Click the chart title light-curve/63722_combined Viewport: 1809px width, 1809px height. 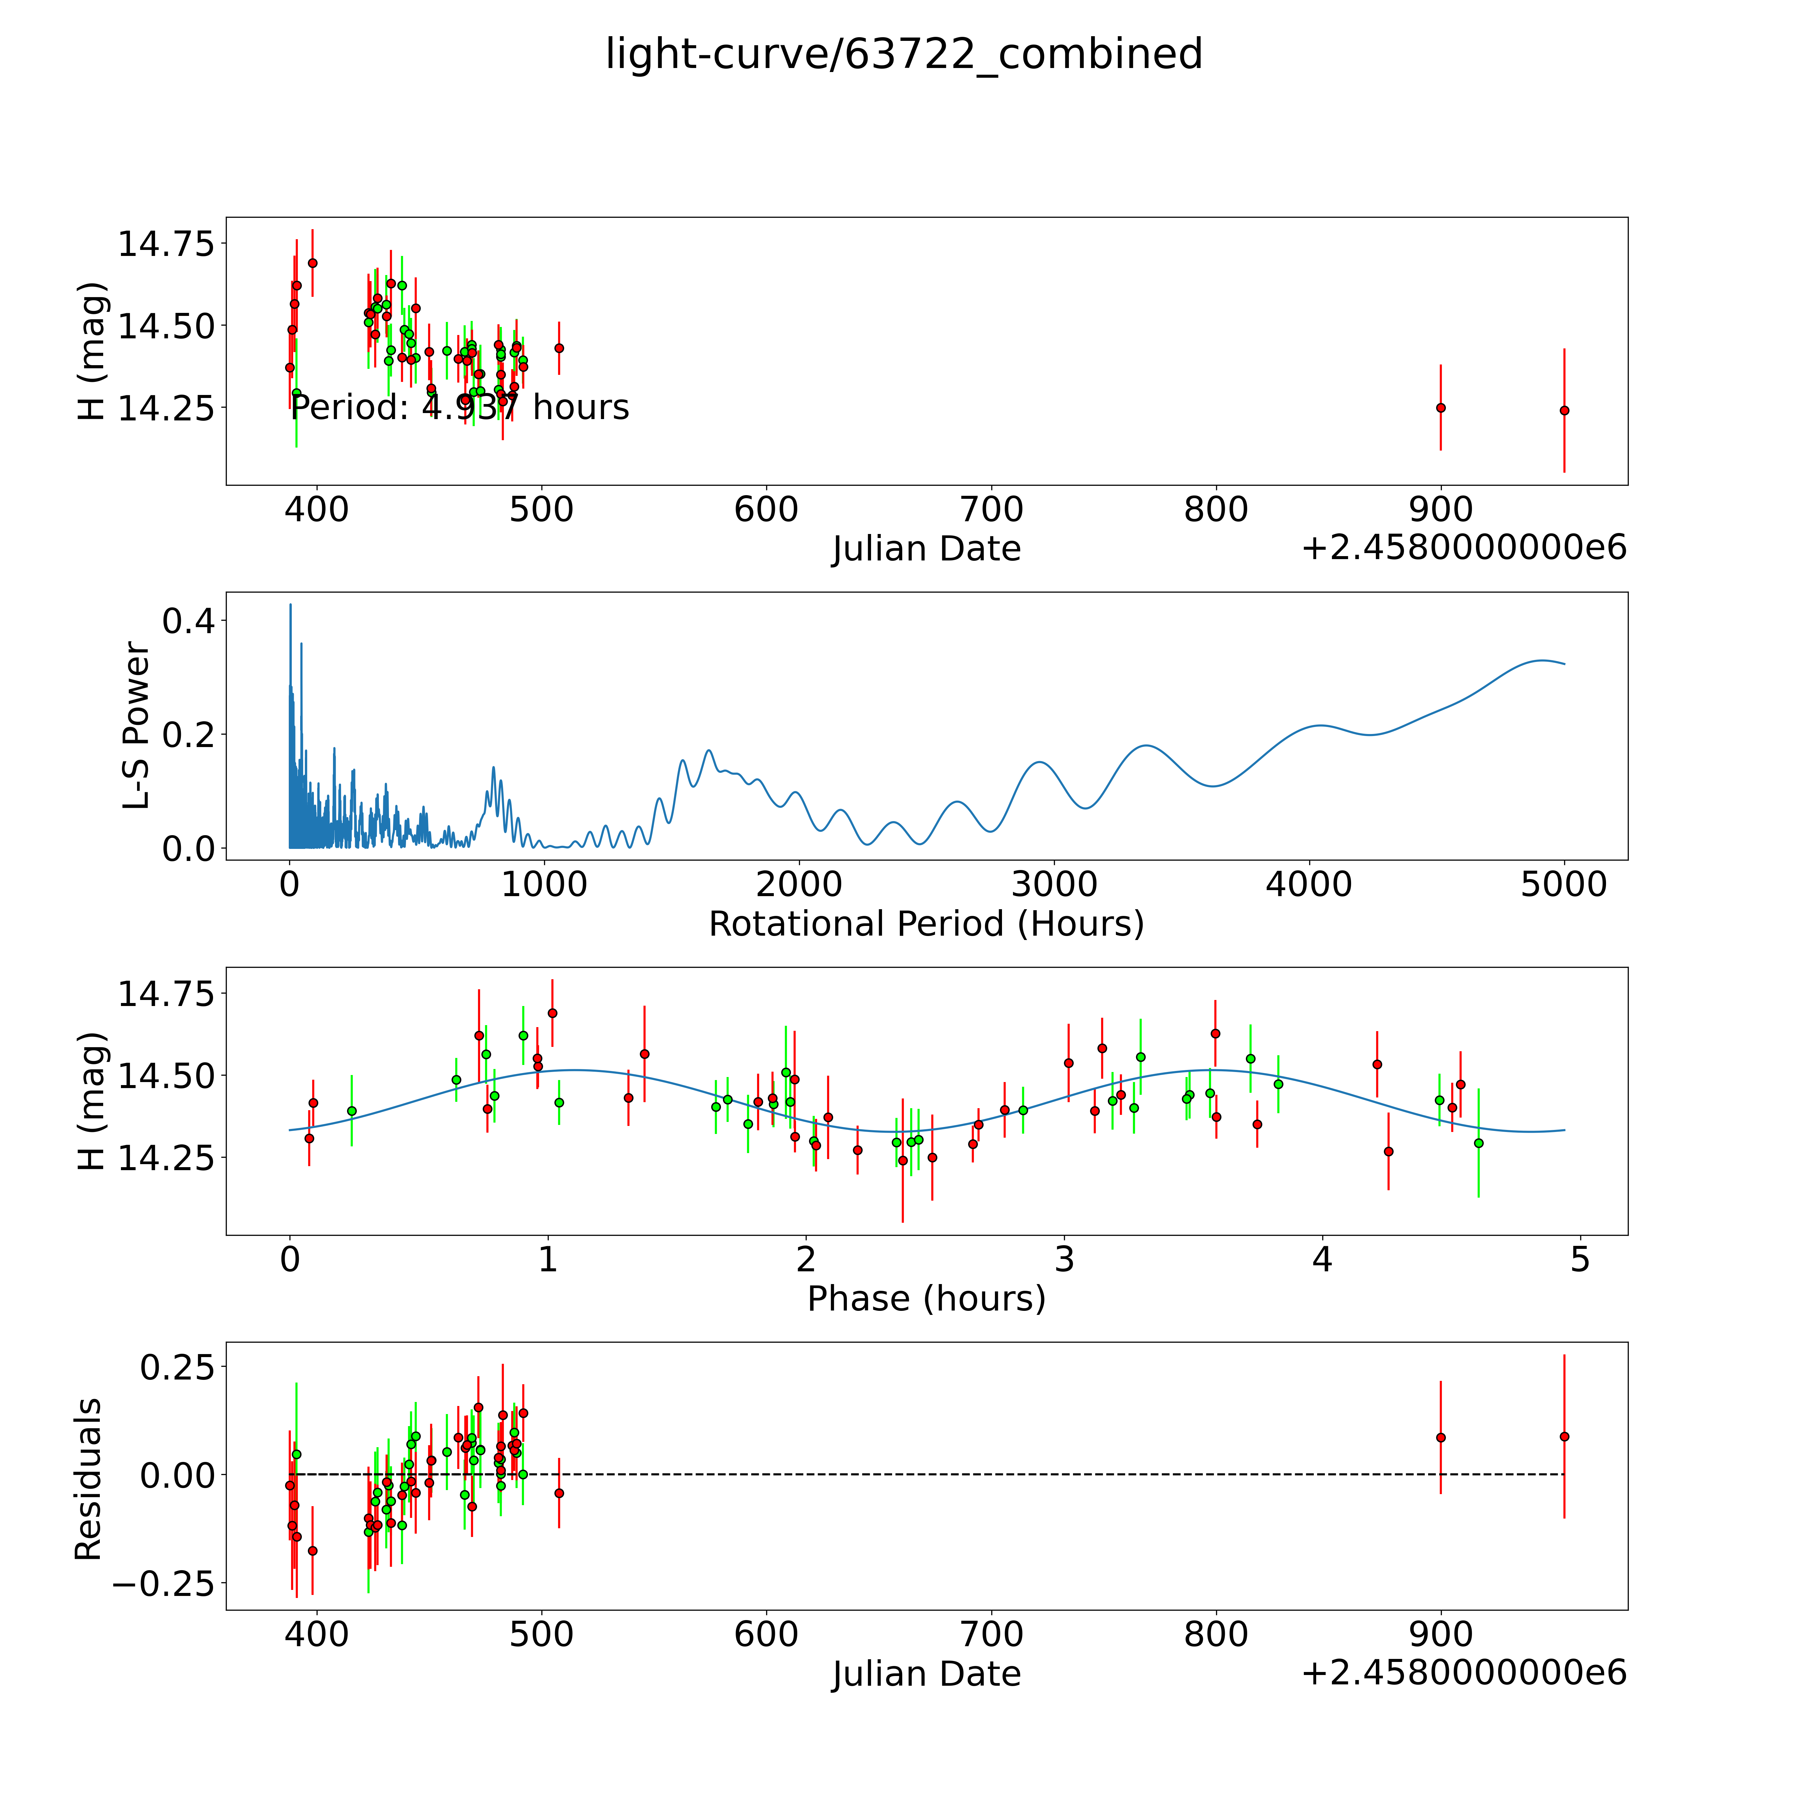903,54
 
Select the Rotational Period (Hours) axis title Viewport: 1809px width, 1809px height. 926,924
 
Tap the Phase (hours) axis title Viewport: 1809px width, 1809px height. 926,1299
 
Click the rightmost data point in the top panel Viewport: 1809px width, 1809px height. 1564,410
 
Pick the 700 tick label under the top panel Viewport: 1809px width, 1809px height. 992,510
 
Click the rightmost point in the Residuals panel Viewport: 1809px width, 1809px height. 1564,1436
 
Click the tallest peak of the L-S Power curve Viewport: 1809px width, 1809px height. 290,605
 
